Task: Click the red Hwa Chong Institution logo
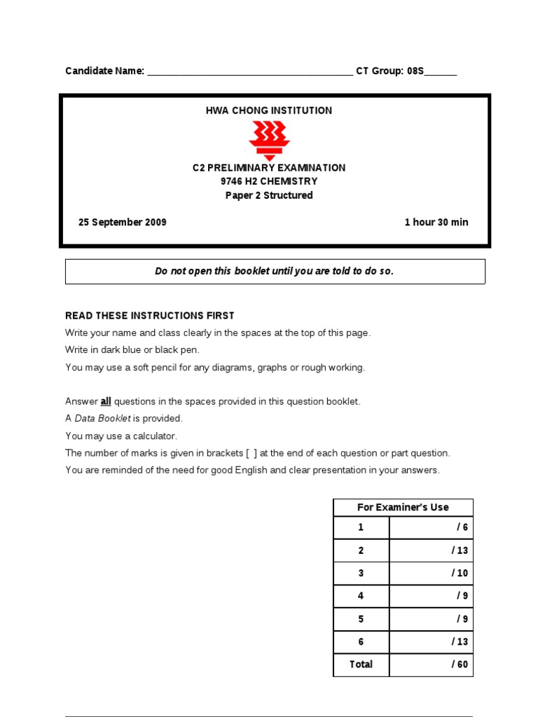(269, 139)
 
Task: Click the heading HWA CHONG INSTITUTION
(269, 111)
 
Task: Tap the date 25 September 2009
(123, 223)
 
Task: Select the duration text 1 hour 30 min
(436, 223)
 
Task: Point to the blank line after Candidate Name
(250, 71)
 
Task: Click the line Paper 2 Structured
(269, 195)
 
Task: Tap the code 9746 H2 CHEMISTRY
(269, 181)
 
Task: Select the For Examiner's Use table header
(403, 508)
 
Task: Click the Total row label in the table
(361, 664)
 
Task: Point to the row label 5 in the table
(361, 619)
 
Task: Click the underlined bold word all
(106, 402)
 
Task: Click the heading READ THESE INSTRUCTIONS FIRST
(150, 316)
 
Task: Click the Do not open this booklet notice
(275, 272)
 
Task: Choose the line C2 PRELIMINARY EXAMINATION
(269, 168)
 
